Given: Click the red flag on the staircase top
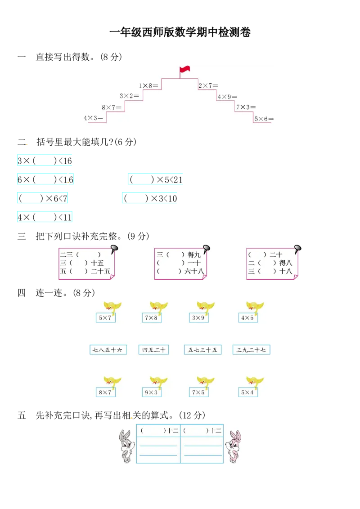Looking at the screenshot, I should tap(184, 69).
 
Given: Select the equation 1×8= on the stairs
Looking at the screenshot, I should tap(148, 85).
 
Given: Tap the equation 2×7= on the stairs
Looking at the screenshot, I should tap(208, 85).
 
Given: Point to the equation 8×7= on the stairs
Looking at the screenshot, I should tap(112, 107).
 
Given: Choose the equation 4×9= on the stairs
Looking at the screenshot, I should tap(227, 97).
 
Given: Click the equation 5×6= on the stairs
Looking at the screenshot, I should tap(264, 119).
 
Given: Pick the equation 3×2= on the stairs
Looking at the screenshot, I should tap(130, 96).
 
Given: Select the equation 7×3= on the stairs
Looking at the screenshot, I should tap(245, 107).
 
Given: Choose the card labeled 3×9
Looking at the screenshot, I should tap(198, 318).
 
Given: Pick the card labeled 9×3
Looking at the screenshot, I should tap(151, 392).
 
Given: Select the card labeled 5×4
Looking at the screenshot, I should tap(247, 392).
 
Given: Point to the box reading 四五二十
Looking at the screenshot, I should tap(153, 350).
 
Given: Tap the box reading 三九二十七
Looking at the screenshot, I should tap(251, 350).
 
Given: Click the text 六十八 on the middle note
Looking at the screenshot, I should tap(194, 271).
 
